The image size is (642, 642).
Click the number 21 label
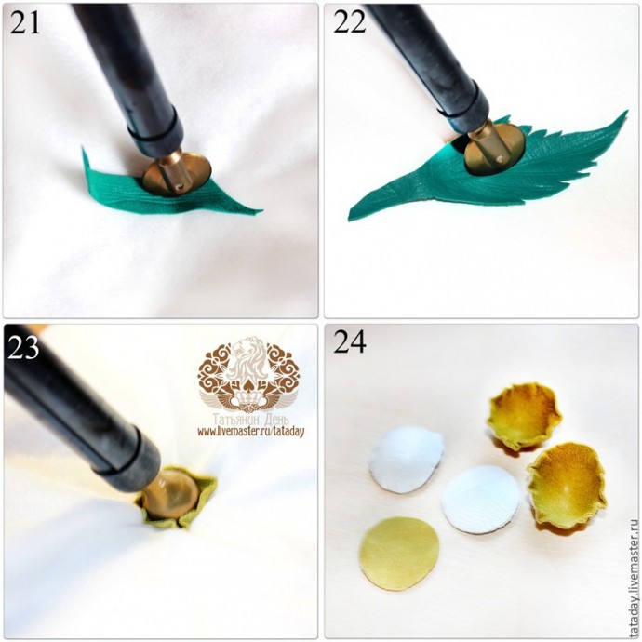click(x=25, y=22)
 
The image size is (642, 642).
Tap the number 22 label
click(x=349, y=22)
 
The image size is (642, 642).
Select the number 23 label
click(x=23, y=347)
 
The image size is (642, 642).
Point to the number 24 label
click(x=350, y=341)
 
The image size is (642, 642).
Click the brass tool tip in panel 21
click(x=177, y=173)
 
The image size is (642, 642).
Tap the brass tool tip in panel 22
click(x=494, y=147)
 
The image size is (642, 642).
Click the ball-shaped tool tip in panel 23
click(x=170, y=495)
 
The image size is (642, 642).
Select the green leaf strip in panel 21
click(x=164, y=192)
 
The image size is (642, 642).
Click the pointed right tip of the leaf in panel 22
click(x=626, y=112)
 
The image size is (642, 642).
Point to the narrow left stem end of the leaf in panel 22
click(x=351, y=216)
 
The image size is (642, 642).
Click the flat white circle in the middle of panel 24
click(x=481, y=500)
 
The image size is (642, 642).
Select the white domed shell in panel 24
click(x=406, y=460)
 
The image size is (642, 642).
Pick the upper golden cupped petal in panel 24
click(x=524, y=417)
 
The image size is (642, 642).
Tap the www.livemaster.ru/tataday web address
click(x=251, y=431)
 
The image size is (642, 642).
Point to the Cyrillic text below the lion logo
click(x=250, y=420)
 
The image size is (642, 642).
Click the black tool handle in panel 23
click(x=78, y=409)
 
